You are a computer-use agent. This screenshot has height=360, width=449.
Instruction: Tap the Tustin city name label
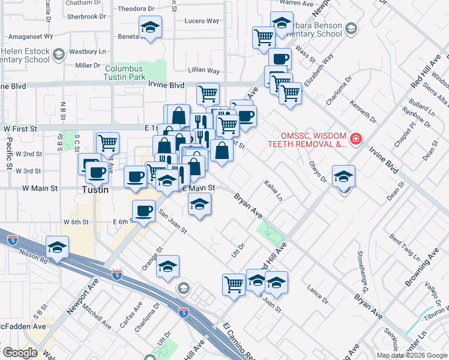[95, 190]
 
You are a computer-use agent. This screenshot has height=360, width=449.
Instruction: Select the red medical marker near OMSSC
[356, 139]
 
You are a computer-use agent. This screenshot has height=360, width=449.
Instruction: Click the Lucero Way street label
[202, 20]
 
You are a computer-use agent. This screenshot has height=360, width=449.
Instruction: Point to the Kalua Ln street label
[273, 190]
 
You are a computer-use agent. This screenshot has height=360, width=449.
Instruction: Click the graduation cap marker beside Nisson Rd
[58, 247]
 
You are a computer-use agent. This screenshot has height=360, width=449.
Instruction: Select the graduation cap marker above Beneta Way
[150, 27]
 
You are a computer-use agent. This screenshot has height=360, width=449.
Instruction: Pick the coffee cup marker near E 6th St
[143, 211]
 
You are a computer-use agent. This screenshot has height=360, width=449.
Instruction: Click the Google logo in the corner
[19, 353]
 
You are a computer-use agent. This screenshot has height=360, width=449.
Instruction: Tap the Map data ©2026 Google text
[412, 355]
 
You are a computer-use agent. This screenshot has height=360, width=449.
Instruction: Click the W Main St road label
[40, 188]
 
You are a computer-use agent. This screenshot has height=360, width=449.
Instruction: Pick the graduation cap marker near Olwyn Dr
[343, 176]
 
